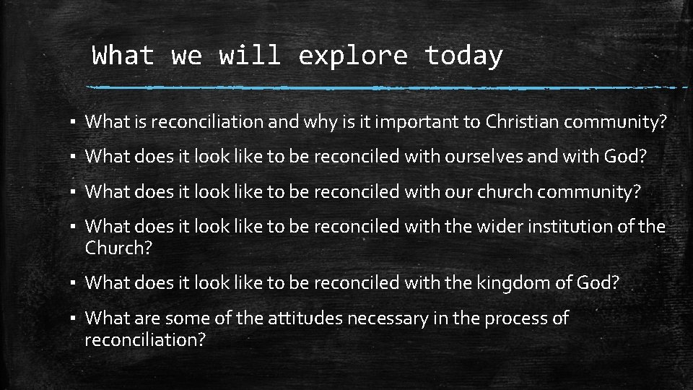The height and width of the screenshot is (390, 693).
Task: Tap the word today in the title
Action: [x=463, y=56]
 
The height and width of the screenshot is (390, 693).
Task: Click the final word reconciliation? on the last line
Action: [x=145, y=339]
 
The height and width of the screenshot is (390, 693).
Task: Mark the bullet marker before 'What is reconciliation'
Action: [x=74, y=123]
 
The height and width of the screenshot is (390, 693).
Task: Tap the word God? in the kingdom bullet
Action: [x=598, y=283]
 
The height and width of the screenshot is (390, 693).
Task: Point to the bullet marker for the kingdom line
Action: [x=74, y=284]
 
